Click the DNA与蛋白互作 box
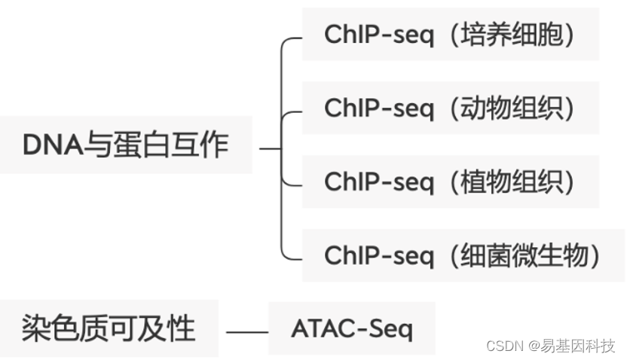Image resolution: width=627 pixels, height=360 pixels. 125,145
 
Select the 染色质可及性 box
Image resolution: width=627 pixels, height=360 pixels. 109,328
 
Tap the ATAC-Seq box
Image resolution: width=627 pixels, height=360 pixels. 351,329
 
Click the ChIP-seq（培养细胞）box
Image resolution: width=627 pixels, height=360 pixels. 450,35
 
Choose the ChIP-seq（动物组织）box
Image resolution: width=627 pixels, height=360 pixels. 450,108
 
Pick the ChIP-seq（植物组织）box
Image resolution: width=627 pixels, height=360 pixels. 450,182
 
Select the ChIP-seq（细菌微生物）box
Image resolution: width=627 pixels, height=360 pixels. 463,255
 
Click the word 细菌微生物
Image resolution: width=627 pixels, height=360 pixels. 530,255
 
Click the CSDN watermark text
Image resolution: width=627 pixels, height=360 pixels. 504,346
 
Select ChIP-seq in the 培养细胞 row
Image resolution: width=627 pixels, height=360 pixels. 379,35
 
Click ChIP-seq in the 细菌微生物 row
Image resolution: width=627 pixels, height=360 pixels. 379,255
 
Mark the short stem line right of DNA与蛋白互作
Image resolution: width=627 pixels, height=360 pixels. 269,148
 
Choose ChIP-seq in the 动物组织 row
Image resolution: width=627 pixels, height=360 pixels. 379,108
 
